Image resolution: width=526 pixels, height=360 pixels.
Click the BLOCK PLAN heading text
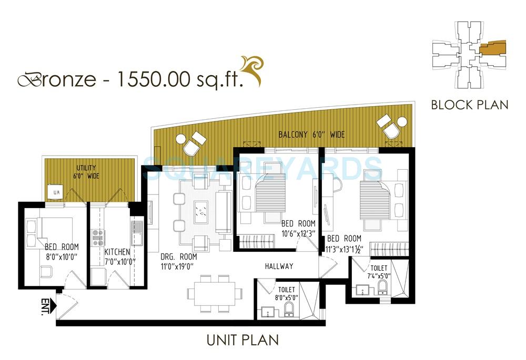470,104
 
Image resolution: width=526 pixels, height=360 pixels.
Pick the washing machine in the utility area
55,193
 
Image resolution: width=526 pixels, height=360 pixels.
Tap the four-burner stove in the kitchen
98,238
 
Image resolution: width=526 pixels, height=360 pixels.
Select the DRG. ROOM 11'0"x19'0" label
179,261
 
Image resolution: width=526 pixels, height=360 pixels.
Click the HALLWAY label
279,266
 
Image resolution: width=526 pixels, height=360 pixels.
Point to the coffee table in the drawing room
202,211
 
